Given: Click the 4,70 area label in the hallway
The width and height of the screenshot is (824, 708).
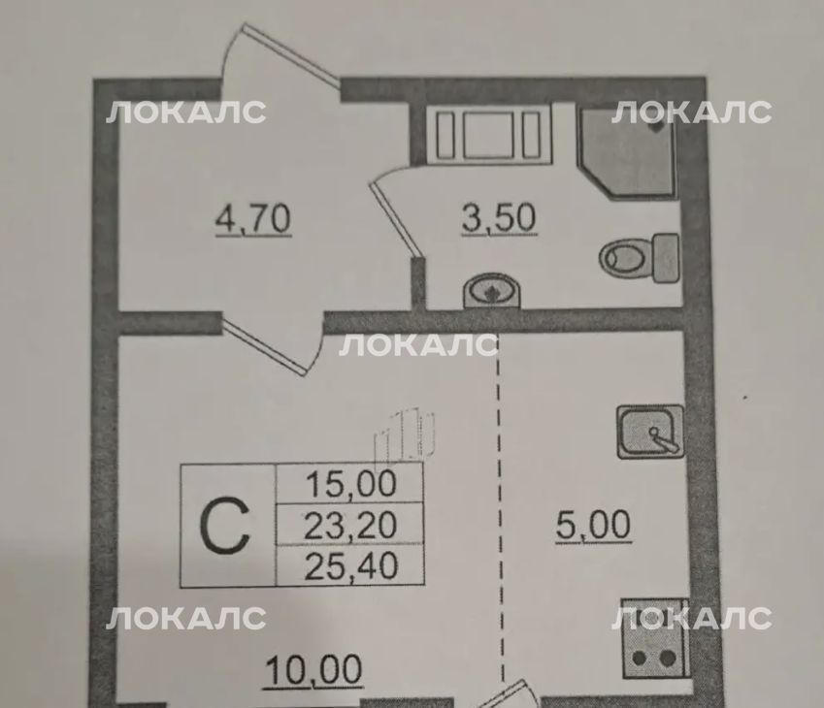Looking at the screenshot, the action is click(x=253, y=219).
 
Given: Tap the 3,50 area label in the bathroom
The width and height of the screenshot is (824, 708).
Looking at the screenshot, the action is click(x=499, y=218).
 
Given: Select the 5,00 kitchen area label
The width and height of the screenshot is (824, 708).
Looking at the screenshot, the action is click(x=593, y=525).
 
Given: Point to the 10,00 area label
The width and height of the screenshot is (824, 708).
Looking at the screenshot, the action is click(x=313, y=669).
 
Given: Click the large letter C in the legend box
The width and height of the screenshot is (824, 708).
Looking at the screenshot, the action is click(x=224, y=526).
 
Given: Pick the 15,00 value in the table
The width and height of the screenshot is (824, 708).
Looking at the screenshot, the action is click(x=350, y=484).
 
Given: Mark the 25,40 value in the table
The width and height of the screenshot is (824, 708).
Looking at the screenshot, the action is click(x=350, y=566).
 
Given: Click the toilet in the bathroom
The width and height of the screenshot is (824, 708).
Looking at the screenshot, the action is click(x=639, y=258).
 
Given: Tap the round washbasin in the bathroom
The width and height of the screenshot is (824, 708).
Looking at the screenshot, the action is click(x=492, y=290).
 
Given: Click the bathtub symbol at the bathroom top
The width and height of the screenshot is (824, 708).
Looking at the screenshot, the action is click(x=489, y=135).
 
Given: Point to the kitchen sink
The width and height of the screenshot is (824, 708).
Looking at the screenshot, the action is click(x=650, y=432).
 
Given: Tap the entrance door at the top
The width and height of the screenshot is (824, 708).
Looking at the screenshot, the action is click(x=281, y=55).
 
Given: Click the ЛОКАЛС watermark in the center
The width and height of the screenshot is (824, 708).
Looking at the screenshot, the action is click(x=419, y=345).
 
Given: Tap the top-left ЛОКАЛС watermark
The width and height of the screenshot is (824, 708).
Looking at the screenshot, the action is click(x=186, y=112).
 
